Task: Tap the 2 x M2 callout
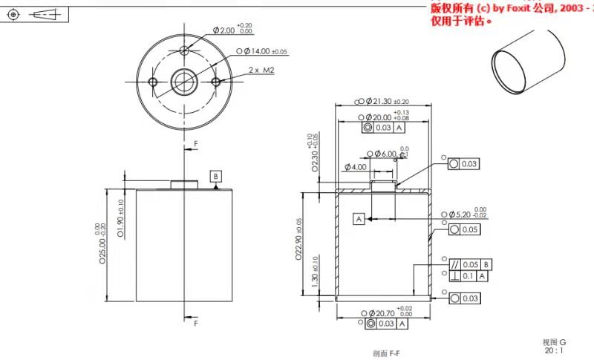click(261, 69)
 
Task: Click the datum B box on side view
click(215, 176)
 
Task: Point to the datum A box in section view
click(359, 219)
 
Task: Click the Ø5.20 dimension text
click(466, 214)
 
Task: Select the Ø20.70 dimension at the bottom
click(384, 313)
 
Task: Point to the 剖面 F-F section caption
click(385, 353)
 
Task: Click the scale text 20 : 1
click(554, 350)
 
